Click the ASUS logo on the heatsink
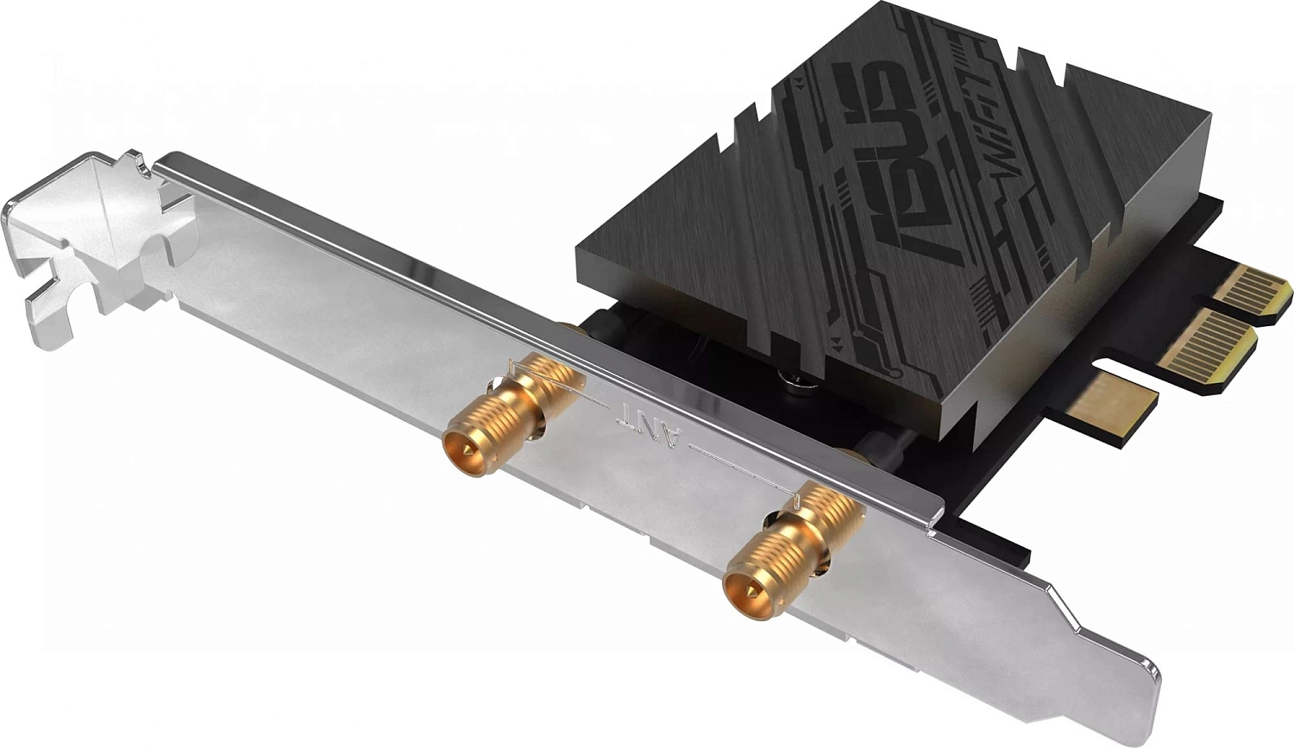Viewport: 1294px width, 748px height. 897,164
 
